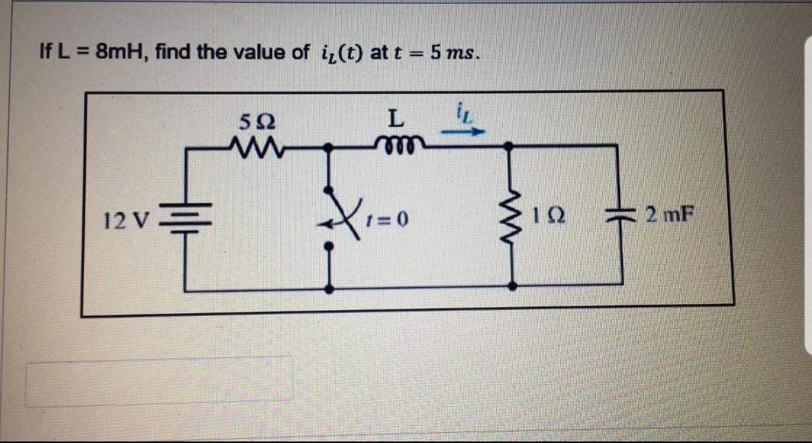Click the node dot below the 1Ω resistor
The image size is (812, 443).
click(x=514, y=286)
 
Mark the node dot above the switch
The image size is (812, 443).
click(x=329, y=149)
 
